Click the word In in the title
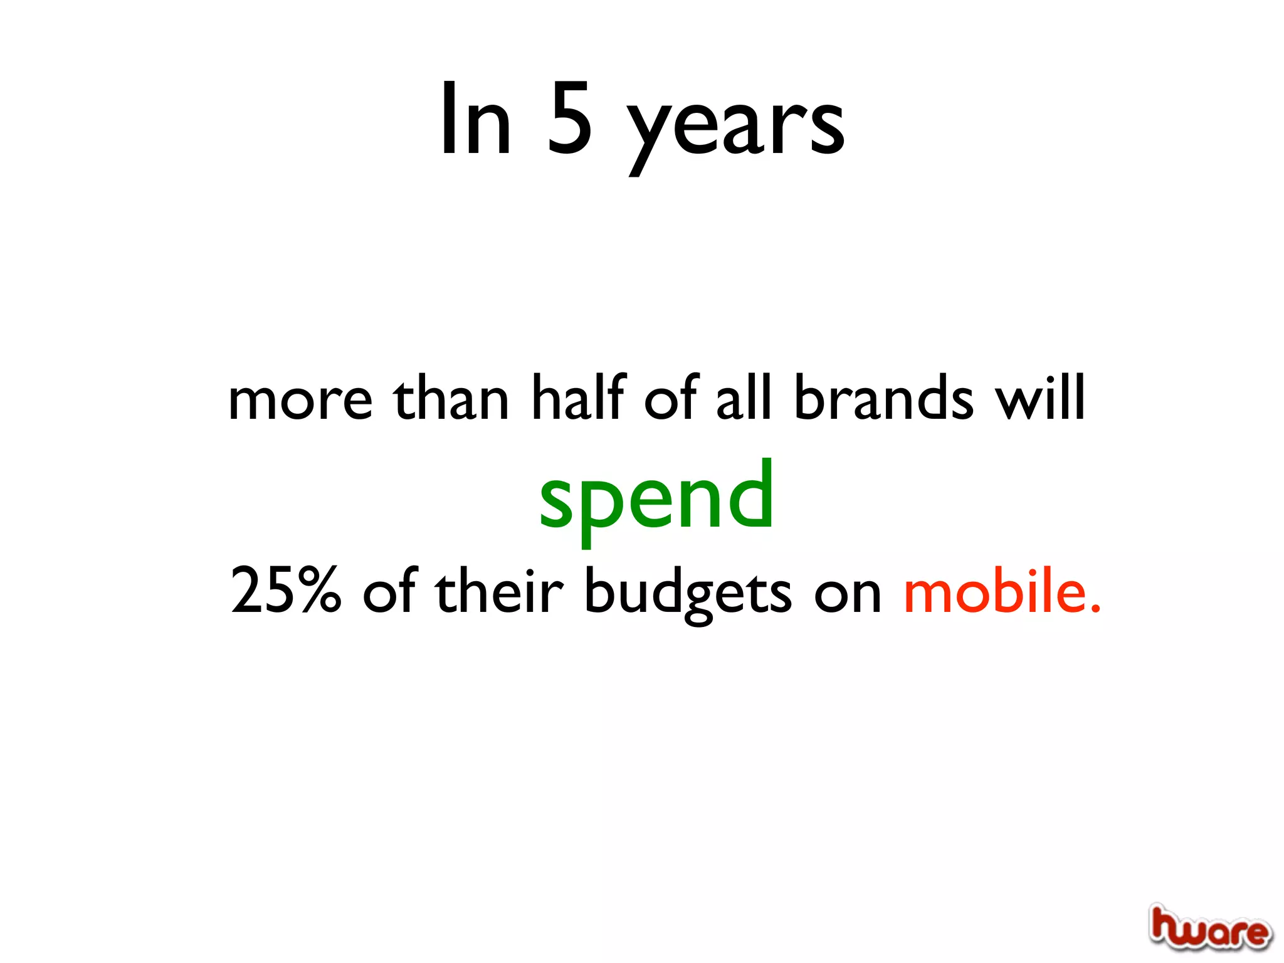tap(476, 119)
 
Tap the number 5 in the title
tap(569, 119)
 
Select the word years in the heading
tap(736, 125)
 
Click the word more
tap(300, 401)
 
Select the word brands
tap(884, 398)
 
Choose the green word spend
tap(656, 498)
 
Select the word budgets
tap(688, 592)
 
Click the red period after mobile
tap(1095, 608)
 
